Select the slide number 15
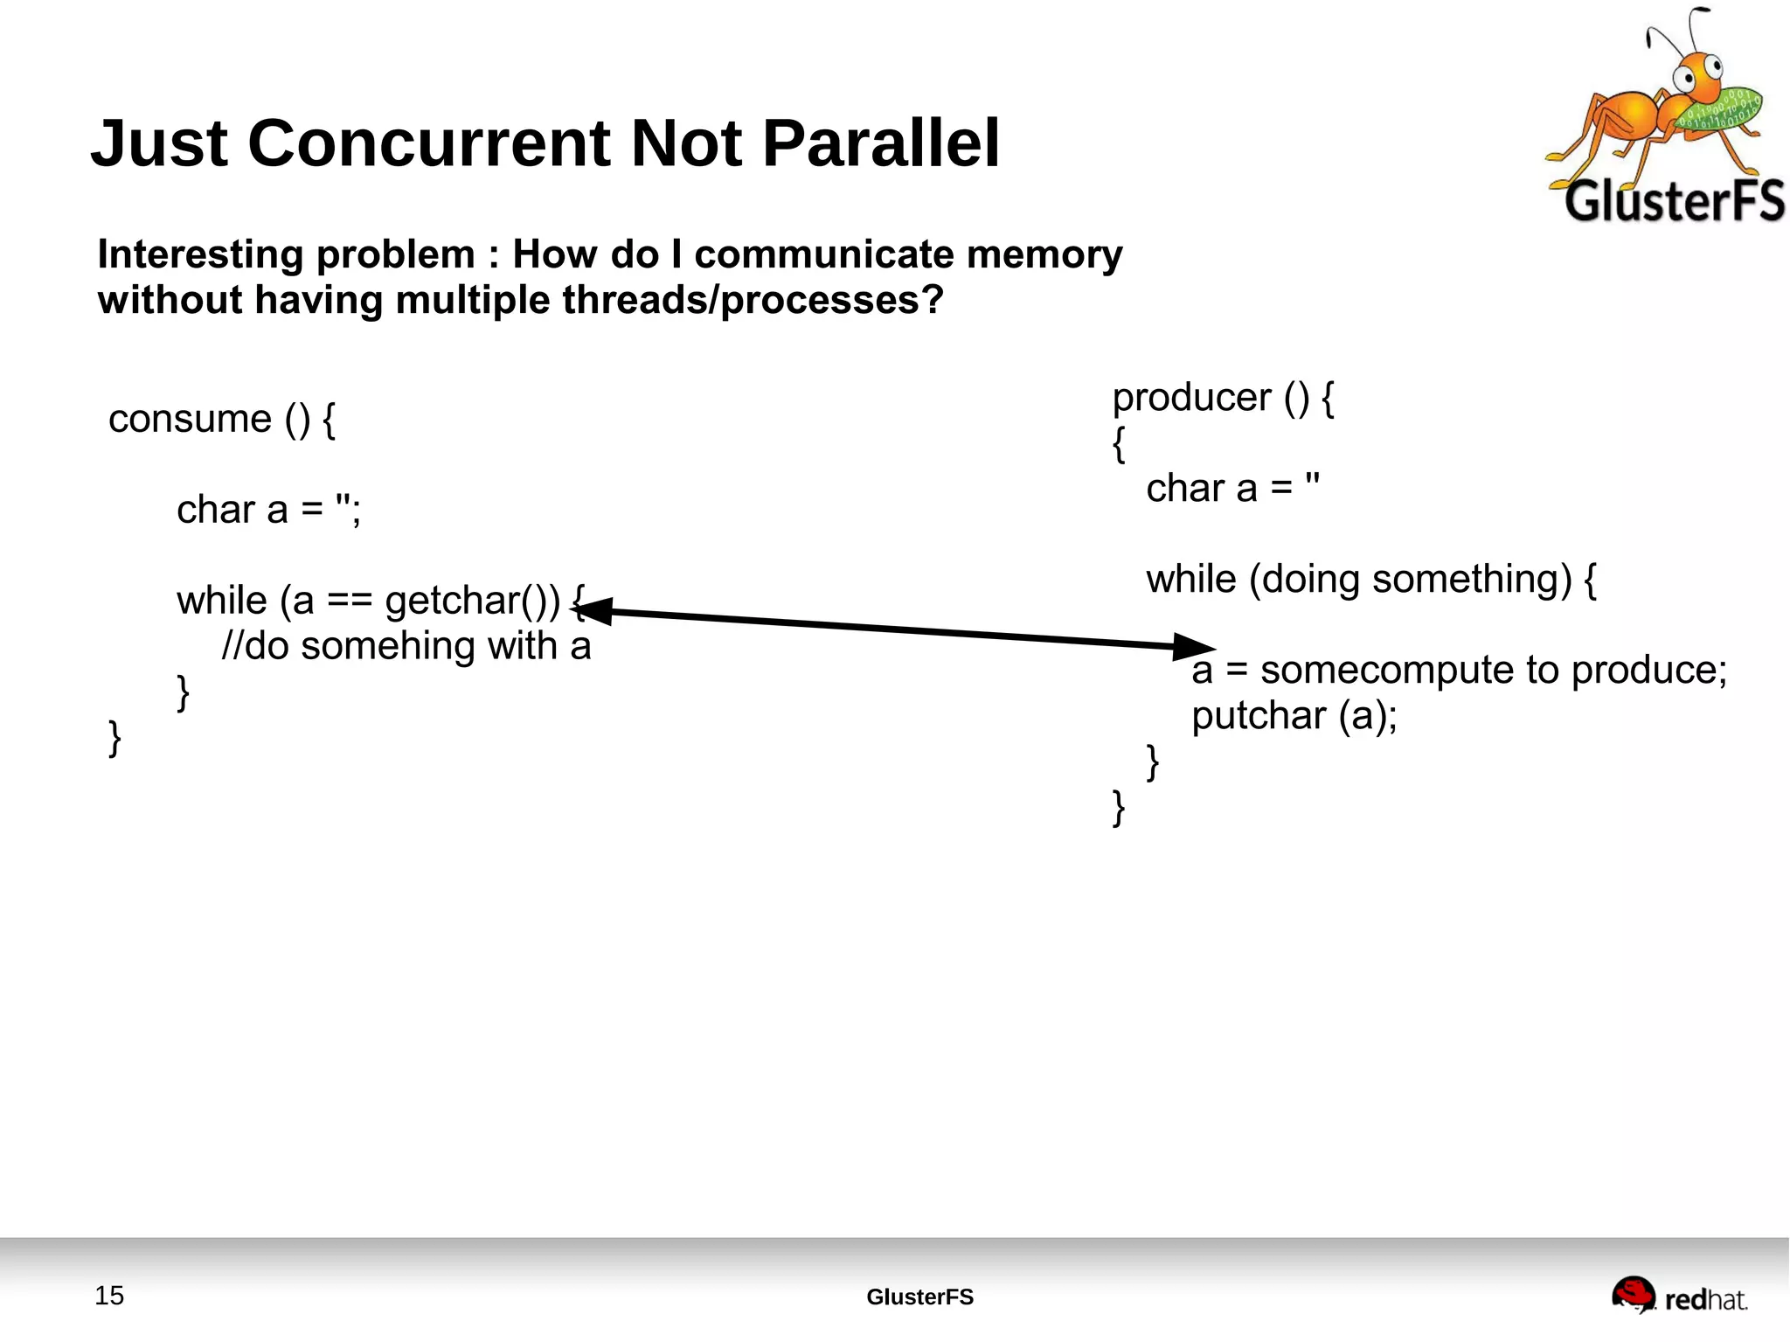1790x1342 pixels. (x=109, y=1296)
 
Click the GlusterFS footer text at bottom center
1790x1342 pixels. (x=919, y=1297)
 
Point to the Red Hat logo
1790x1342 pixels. (x=1679, y=1297)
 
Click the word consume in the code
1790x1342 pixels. (x=190, y=419)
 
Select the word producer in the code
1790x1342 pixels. (x=1191, y=398)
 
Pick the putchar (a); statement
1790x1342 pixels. (x=1294, y=716)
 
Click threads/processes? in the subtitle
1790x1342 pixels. (x=753, y=300)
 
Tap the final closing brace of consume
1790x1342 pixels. (x=114, y=738)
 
